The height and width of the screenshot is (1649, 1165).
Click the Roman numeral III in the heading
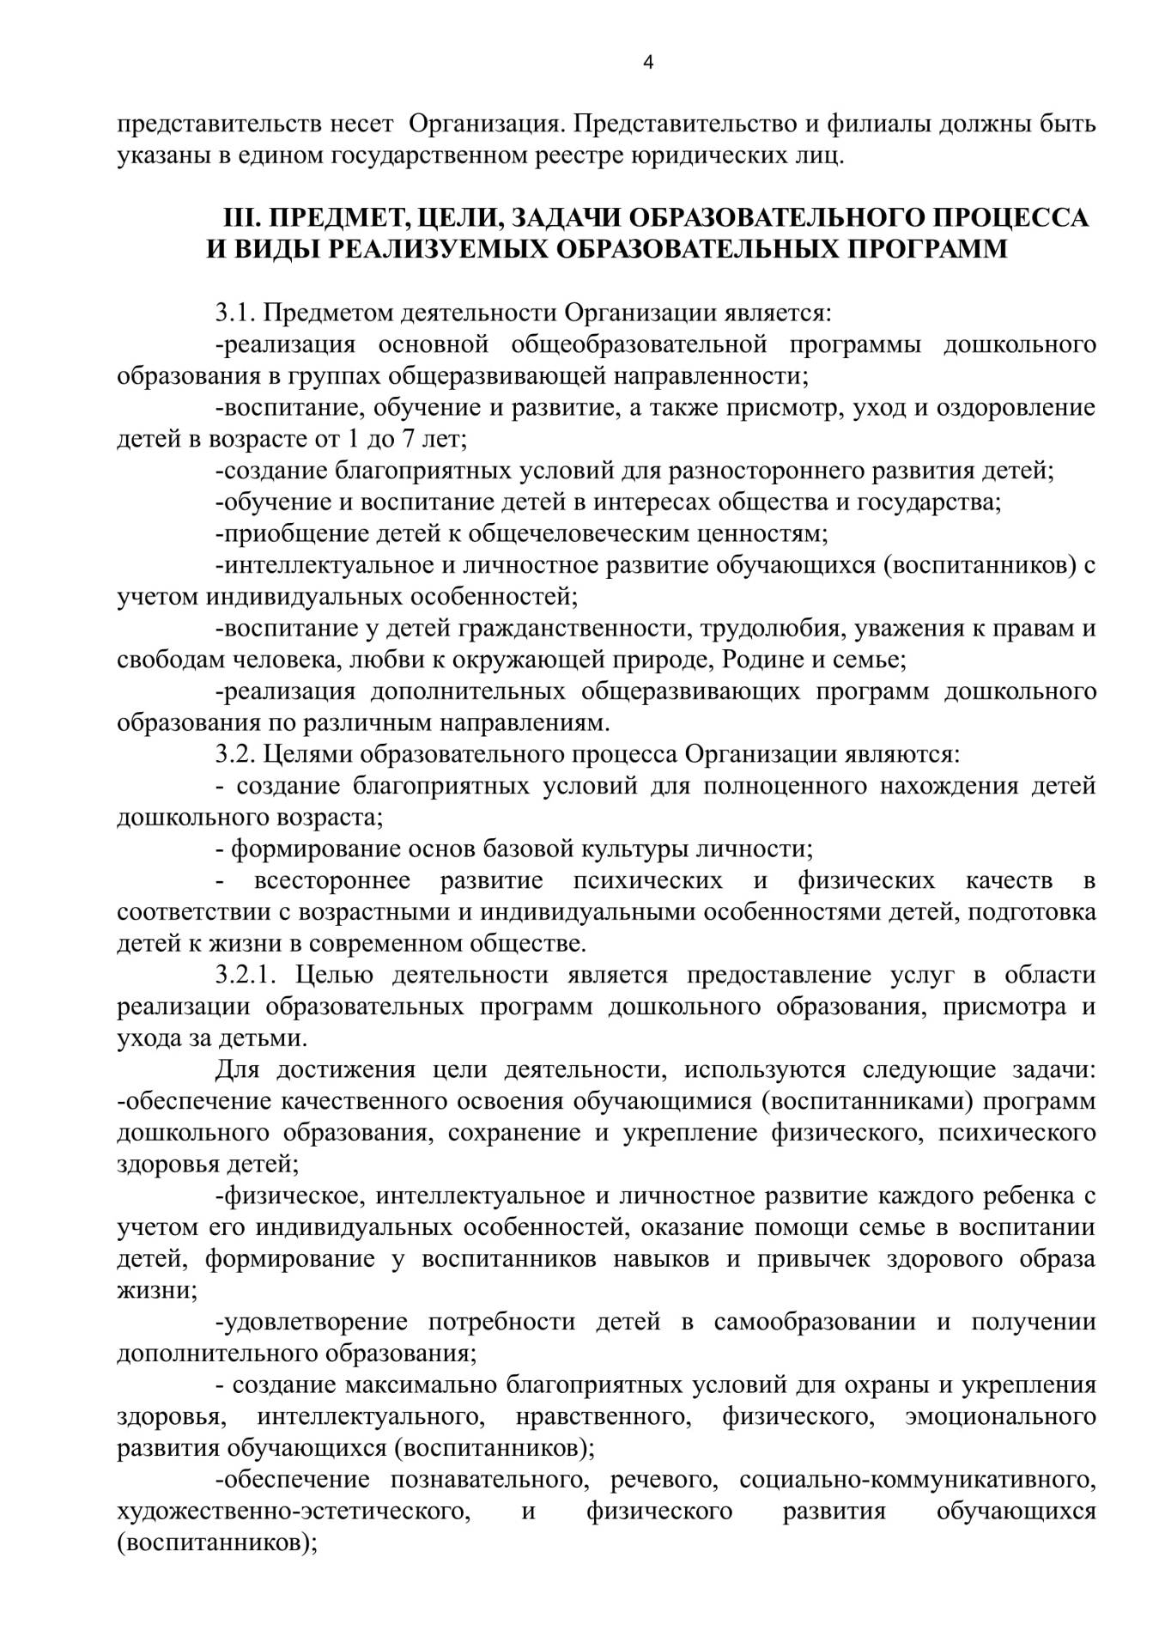(240, 217)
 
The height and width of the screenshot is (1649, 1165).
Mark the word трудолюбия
(768, 628)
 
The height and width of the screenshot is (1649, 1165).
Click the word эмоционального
(1001, 1415)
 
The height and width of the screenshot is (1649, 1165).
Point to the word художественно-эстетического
(294, 1511)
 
